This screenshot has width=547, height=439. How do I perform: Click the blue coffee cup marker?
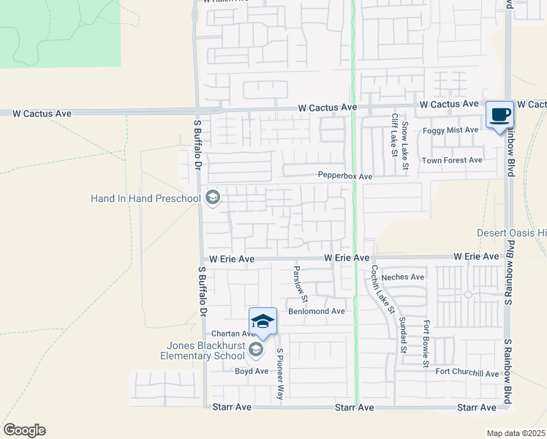pyautogui.click(x=500, y=115)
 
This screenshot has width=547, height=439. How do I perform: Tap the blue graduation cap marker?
pyautogui.click(x=263, y=321)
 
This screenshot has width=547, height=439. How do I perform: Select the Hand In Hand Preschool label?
pyautogui.click(x=146, y=198)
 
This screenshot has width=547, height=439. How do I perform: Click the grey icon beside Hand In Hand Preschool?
pyautogui.click(x=213, y=198)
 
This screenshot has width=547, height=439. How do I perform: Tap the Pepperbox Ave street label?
pyautogui.click(x=345, y=176)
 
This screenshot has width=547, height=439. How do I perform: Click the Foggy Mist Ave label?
pyautogui.click(x=450, y=130)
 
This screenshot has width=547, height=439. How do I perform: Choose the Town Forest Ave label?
pyautogui.click(x=453, y=160)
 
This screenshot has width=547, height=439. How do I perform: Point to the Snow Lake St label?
pyautogui.click(x=404, y=143)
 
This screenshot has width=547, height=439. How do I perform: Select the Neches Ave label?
pyautogui.click(x=403, y=277)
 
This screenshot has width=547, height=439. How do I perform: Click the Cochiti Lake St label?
pyautogui.click(x=382, y=289)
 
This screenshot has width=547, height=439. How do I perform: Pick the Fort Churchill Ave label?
pyautogui.click(x=467, y=373)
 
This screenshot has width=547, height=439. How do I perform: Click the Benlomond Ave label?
pyautogui.click(x=316, y=311)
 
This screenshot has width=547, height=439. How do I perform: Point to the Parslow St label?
pyautogui.click(x=301, y=284)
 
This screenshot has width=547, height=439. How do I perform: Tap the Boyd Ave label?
pyautogui.click(x=252, y=371)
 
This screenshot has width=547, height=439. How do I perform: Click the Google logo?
pyautogui.click(x=24, y=430)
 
